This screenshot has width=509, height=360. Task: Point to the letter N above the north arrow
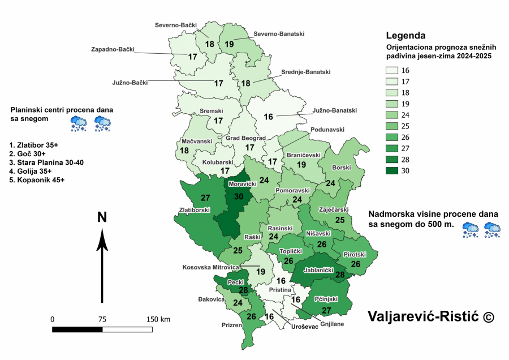pos(102,217)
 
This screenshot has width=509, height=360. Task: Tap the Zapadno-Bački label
pos(113,49)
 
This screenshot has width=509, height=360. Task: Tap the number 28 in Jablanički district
pos(339,275)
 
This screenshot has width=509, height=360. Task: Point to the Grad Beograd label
pos(245,138)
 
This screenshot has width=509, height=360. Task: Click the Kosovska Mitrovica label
pos(212,267)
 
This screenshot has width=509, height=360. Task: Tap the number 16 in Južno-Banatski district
pos(268,117)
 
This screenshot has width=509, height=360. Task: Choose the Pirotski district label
pos(355,255)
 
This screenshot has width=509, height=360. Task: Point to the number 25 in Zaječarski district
pos(340,220)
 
